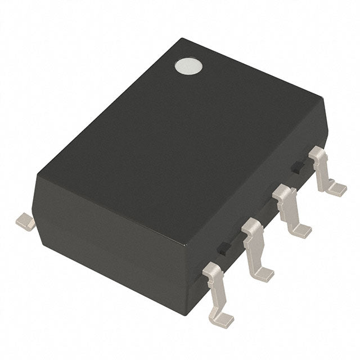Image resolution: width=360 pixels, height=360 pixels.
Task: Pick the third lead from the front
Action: tap(290, 211)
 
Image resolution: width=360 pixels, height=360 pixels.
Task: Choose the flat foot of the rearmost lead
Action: tap(337, 188)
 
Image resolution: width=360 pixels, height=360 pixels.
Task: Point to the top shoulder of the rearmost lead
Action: tap(318, 152)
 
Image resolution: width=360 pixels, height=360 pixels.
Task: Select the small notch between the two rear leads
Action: tap(295, 166)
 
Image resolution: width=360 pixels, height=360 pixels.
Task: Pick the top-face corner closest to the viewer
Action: tap(186, 245)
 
